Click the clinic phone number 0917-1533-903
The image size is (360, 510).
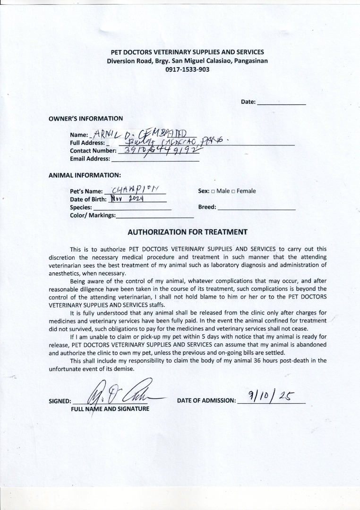click(x=187, y=69)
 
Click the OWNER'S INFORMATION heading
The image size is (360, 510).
click(x=86, y=119)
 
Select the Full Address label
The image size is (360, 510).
click(x=87, y=143)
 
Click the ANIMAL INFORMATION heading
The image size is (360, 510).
click(x=85, y=175)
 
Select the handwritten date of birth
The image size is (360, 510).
click(x=127, y=199)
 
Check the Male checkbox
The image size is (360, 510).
click(x=214, y=191)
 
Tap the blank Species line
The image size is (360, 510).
click(x=132, y=207)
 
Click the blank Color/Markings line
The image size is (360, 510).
click(x=154, y=215)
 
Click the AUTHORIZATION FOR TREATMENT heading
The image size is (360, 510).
click(x=188, y=232)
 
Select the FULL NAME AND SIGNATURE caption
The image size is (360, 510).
click(x=110, y=408)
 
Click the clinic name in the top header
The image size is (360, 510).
click(x=187, y=52)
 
